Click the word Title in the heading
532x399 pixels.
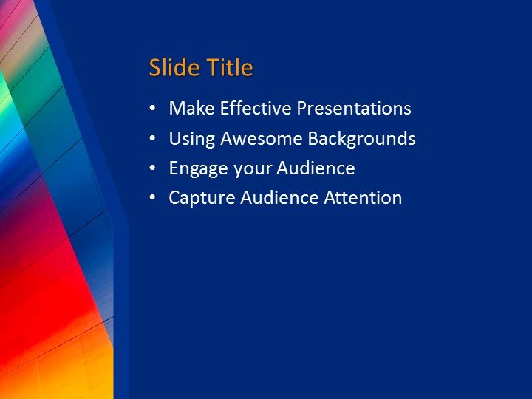click(x=230, y=68)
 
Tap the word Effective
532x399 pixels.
click(x=253, y=109)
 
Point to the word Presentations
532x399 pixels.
click(x=354, y=109)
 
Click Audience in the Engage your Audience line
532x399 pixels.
click(x=316, y=168)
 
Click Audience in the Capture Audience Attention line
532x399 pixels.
click(x=279, y=198)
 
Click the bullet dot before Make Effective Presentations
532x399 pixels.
click(x=152, y=109)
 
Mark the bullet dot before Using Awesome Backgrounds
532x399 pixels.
click(x=152, y=139)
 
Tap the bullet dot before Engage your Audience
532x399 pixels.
click(x=152, y=168)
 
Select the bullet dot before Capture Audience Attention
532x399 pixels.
click(x=152, y=198)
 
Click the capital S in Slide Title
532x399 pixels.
click(x=155, y=68)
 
